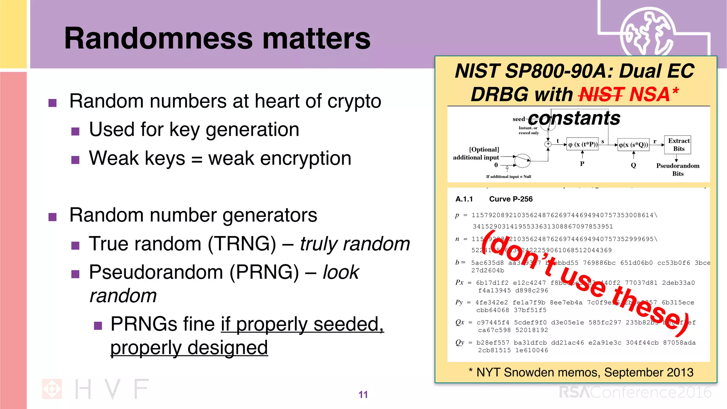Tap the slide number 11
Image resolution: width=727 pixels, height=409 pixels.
363,394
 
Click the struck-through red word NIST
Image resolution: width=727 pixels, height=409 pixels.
601,94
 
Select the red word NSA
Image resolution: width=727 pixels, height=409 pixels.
649,94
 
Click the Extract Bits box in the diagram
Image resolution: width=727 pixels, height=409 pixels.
678,145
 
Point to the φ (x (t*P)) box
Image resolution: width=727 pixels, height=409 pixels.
582,144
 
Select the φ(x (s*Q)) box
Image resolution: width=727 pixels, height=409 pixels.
633,145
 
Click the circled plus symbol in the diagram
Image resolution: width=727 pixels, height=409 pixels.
548,144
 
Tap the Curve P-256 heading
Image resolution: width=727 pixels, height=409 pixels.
510,199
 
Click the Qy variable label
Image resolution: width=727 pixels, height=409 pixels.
460,342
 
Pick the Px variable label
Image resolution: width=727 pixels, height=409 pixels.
459,283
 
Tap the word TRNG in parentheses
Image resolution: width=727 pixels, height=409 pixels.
242,244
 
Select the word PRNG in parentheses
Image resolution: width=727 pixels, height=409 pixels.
264,272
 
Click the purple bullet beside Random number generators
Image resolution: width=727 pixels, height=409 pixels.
53,217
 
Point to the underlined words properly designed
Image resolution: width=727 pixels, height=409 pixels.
189,348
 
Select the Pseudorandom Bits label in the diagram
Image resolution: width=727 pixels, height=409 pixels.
677,170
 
